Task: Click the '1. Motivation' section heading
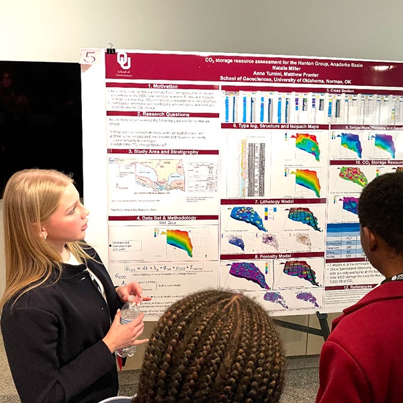pos(161,85)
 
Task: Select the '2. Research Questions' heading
pos(163,114)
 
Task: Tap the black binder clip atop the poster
pos(109,48)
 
